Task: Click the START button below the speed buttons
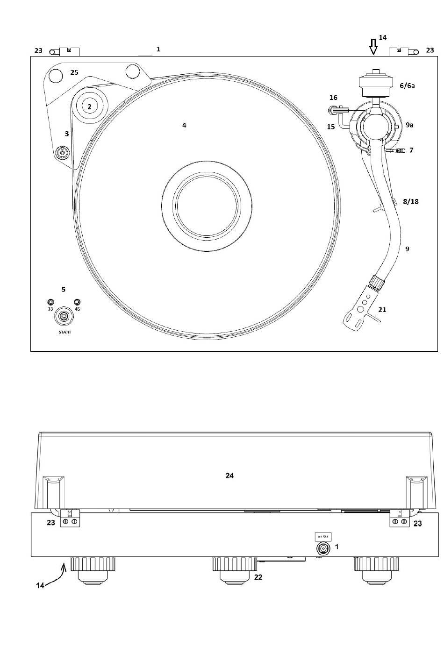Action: (x=63, y=316)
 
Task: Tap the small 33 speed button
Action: (x=50, y=302)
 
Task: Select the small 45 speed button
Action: (x=77, y=302)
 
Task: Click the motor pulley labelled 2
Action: (x=89, y=106)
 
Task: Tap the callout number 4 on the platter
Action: (x=184, y=125)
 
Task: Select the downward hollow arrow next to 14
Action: (x=373, y=47)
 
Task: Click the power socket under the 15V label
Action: (x=323, y=549)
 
